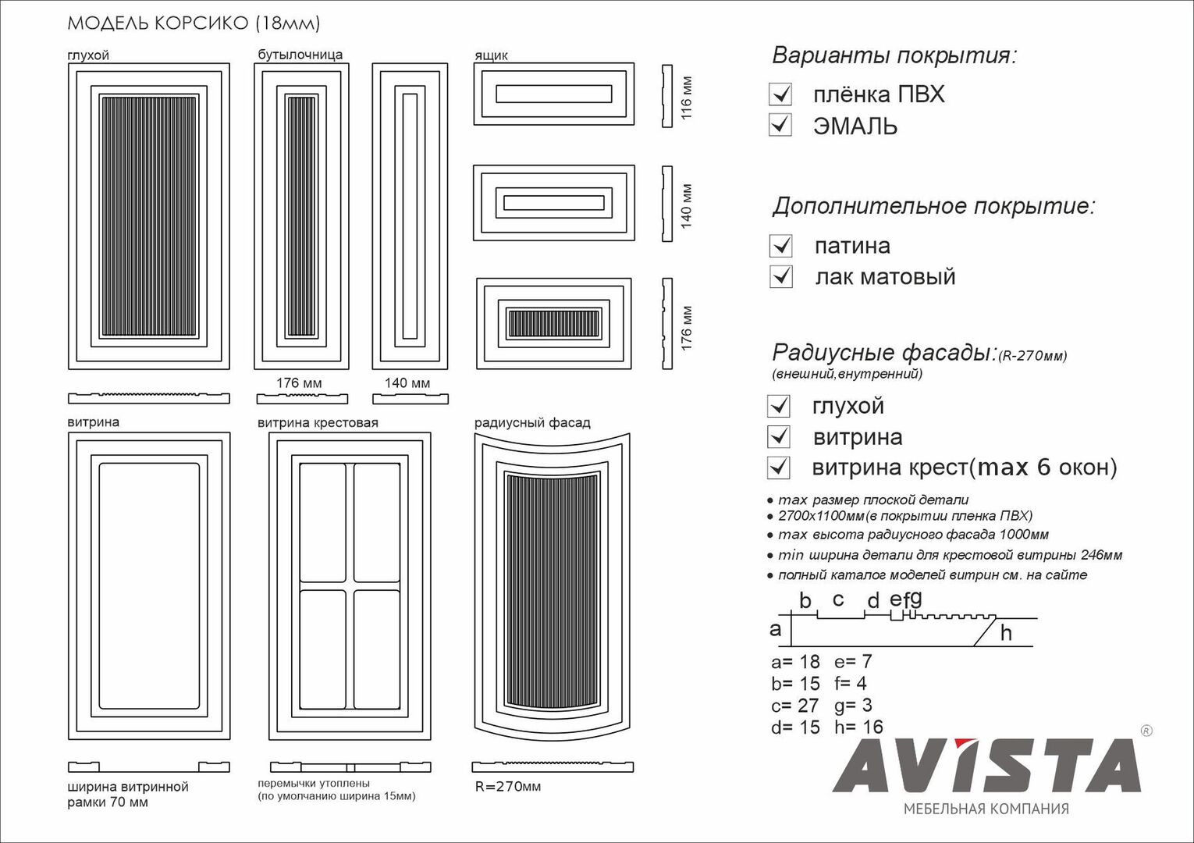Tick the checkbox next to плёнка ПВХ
click(780, 94)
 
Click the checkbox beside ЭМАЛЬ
click(780, 125)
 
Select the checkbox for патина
click(781, 246)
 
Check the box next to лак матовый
click(781, 277)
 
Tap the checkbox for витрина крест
click(779, 468)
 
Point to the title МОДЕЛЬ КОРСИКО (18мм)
click(194, 23)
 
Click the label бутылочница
click(300, 55)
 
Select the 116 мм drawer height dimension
click(687, 98)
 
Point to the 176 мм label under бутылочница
click(299, 382)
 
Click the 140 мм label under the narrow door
click(407, 382)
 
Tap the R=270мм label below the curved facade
click(507, 787)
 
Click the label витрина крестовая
click(318, 423)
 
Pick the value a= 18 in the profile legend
click(795, 662)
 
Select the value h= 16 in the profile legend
click(858, 727)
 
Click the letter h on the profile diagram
click(1006, 633)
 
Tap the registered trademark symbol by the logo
click(1146, 731)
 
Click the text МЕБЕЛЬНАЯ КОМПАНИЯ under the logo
click(986, 809)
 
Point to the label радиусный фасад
click(532, 423)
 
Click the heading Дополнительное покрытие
click(933, 206)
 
